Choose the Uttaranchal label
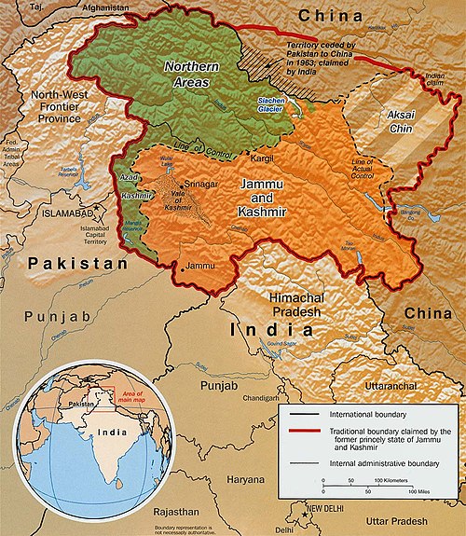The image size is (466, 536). pos(377,384)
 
